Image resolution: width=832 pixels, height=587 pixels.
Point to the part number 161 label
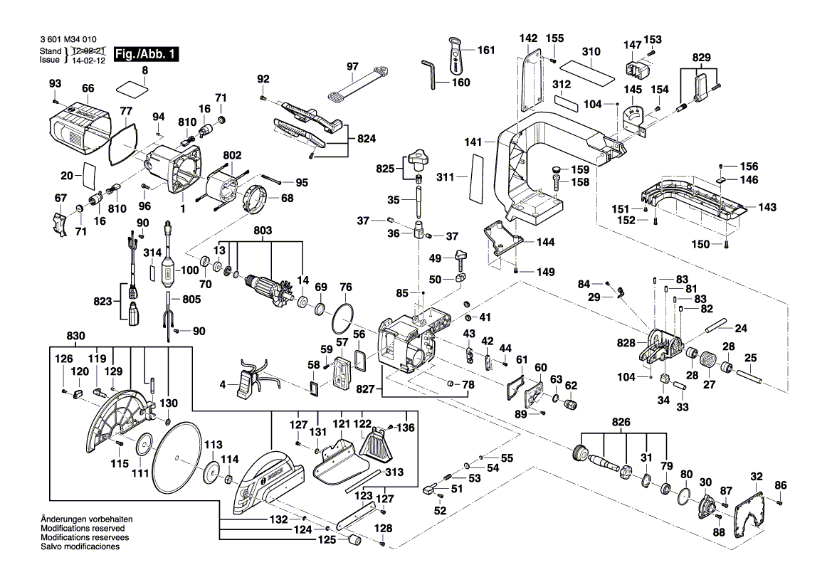485,50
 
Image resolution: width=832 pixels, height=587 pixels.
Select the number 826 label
621,422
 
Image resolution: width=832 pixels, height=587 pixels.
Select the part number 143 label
767,208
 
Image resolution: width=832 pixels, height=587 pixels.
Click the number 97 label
353,66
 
